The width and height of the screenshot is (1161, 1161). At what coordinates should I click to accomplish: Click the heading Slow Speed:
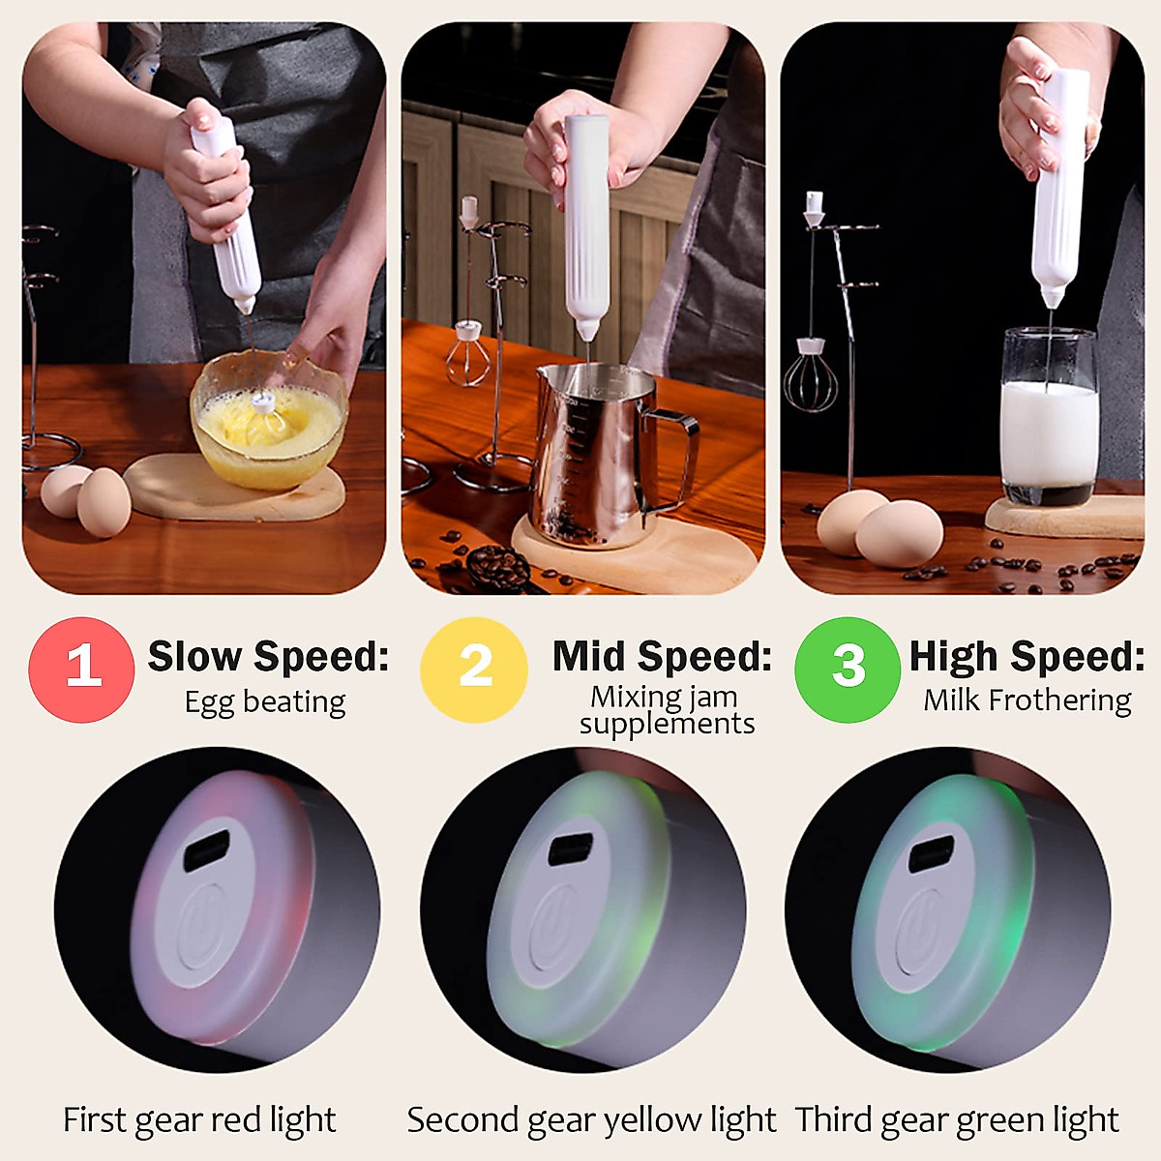coord(268,657)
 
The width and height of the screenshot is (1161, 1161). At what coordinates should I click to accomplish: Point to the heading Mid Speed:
coord(663,657)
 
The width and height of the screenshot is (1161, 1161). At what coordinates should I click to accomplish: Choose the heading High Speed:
coord(1027,657)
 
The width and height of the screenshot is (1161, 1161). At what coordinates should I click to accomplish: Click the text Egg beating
coord(265,702)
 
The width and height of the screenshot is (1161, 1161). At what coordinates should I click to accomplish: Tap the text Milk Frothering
coord(1027,700)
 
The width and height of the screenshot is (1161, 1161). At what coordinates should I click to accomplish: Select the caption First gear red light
coord(199,1120)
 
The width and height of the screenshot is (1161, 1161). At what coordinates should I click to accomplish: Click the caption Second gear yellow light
coord(591,1120)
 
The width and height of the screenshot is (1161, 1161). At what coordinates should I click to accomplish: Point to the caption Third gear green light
coord(957,1120)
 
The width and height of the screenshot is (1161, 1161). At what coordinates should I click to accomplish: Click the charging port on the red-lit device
coord(207,852)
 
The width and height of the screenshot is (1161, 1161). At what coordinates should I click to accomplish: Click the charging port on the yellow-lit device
coord(572,848)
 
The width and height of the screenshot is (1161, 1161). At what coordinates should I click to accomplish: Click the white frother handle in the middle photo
coord(586,223)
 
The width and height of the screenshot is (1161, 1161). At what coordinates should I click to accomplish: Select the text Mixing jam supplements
coord(667,710)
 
